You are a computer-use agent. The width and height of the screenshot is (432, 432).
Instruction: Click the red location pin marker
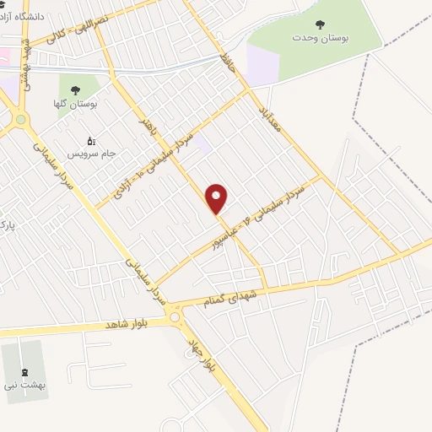218,199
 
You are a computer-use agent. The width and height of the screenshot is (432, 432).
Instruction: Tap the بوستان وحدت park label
320,38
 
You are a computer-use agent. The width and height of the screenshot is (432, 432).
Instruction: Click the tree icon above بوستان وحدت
319,24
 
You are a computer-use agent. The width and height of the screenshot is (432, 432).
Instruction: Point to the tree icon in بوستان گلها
76,89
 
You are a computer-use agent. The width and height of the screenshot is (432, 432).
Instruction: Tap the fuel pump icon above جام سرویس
92,141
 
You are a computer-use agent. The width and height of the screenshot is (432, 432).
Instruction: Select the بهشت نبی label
23,384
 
